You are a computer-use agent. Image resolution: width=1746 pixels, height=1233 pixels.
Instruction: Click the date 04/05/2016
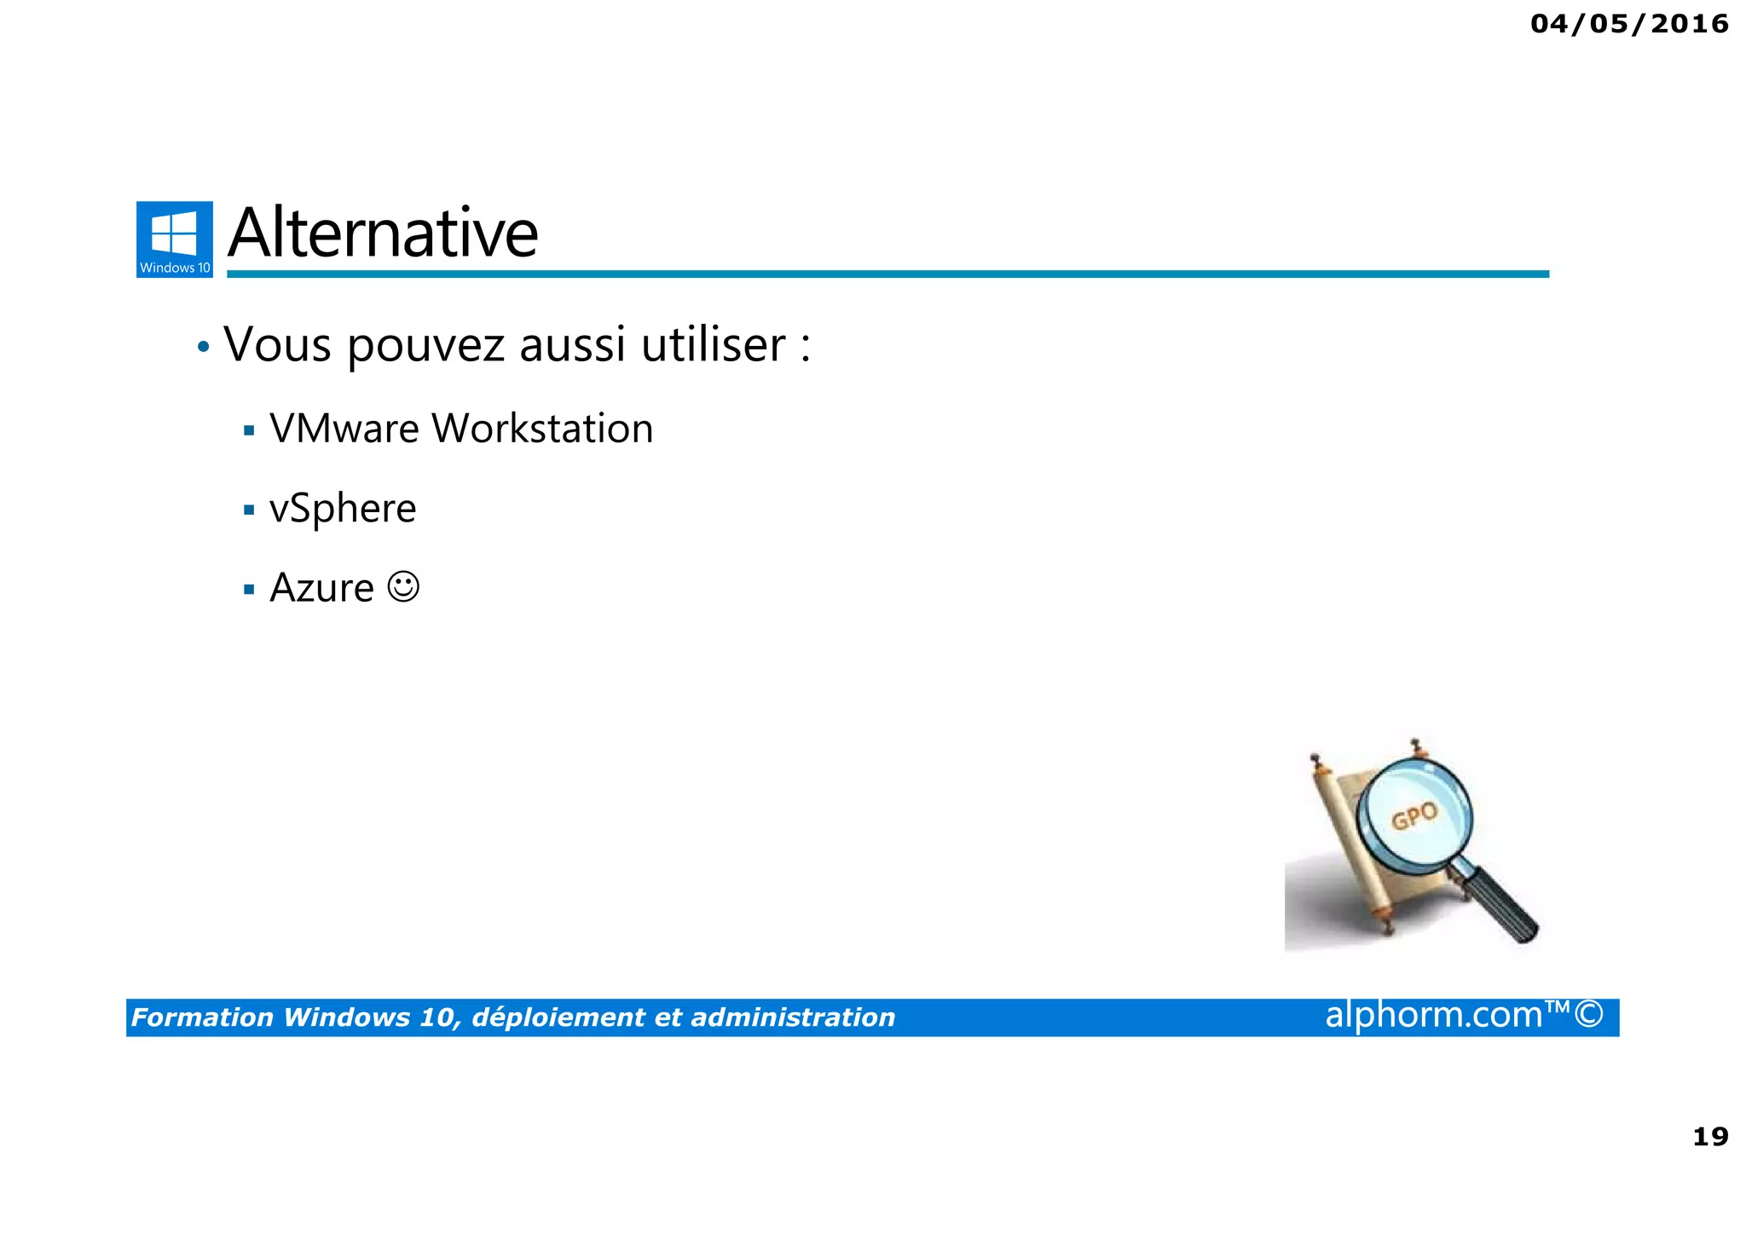pyautogui.click(x=1628, y=24)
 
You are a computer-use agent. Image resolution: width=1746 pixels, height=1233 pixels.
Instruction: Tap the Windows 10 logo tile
pyautogui.click(x=175, y=239)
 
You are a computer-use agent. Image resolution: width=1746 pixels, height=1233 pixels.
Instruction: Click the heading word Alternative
pyautogui.click(x=383, y=233)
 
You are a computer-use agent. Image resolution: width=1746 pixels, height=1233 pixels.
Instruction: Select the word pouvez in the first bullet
pyautogui.click(x=426, y=347)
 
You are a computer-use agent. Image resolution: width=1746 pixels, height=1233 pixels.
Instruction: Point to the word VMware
pyautogui.click(x=344, y=429)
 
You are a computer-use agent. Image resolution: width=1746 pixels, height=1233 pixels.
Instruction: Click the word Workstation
pyautogui.click(x=542, y=429)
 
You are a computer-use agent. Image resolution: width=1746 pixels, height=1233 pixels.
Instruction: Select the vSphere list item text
pyautogui.click(x=343, y=510)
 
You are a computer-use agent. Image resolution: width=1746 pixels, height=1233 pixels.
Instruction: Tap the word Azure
pyautogui.click(x=321, y=588)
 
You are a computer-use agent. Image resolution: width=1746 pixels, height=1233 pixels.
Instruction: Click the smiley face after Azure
pyautogui.click(x=403, y=586)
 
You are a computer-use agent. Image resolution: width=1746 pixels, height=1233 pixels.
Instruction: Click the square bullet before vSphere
pyautogui.click(x=249, y=510)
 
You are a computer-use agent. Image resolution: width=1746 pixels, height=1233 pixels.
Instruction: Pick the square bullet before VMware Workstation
pyautogui.click(x=249, y=430)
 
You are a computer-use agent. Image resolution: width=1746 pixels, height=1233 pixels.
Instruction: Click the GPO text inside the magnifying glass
pyautogui.click(x=1414, y=816)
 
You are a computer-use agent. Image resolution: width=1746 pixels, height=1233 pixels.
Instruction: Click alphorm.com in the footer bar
pyautogui.click(x=1433, y=1015)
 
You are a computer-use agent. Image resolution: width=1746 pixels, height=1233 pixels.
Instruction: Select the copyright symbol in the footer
pyautogui.click(x=1589, y=1015)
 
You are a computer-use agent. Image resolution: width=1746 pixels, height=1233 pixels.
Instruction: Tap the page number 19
pyautogui.click(x=1709, y=1137)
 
